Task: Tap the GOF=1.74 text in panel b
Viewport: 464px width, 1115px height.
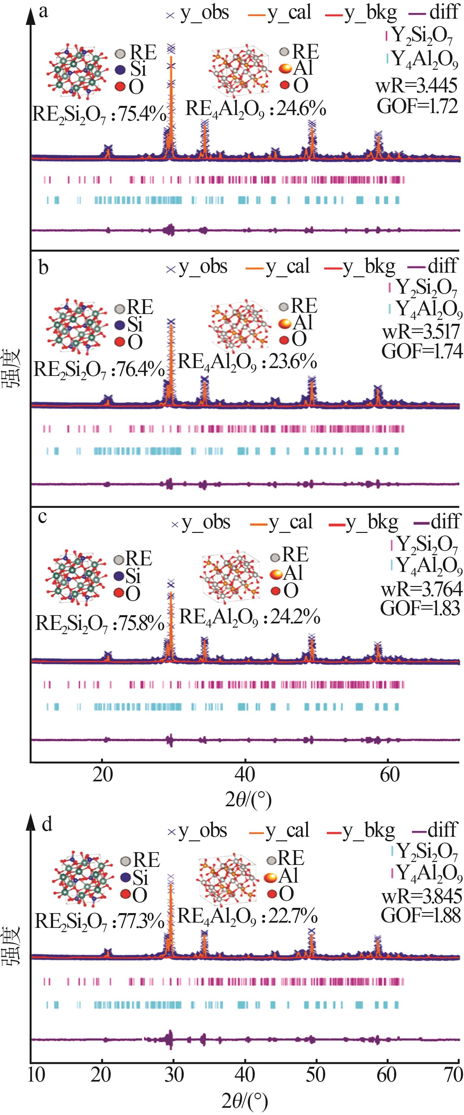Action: (x=422, y=351)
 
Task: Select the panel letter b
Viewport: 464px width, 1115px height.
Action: (x=43, y=268)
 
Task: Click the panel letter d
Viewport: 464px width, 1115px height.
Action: (x=47, y=824)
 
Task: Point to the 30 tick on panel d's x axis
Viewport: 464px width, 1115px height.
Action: (x=174, y=1074)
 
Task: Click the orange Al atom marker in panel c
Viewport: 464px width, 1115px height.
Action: (x=276, y=574)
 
